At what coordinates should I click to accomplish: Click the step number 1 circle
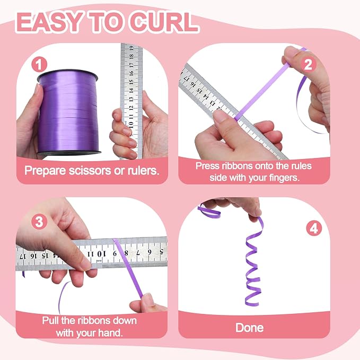39,65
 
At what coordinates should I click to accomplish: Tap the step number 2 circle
308,65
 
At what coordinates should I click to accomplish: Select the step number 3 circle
39,222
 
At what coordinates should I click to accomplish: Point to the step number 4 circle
314,228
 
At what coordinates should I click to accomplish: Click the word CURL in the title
163,22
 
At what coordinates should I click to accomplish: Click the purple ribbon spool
68,112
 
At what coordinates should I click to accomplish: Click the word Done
250,328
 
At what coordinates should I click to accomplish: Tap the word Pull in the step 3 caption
50,321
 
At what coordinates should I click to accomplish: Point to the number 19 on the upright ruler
131,48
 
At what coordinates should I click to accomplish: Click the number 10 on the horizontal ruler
101,254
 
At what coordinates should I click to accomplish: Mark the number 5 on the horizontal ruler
161,251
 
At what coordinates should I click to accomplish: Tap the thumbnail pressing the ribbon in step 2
219,116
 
